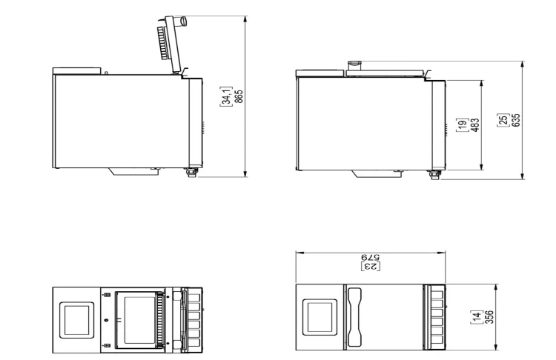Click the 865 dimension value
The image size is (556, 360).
click(x=239, y=96)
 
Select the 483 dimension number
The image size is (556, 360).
click(x=475, y=124)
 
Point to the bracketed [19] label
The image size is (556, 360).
click(x=463, y=124)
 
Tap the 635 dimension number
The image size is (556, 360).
click(x=516, y=120)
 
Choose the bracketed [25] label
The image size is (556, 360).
click(x=503, y=120)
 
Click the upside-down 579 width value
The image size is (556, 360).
click(x=370, y=256)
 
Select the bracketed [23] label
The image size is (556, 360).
click(x=371, y=266)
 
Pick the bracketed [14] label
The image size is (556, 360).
click(x=476, y=317)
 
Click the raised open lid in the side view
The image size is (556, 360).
click(x=172, y=44)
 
